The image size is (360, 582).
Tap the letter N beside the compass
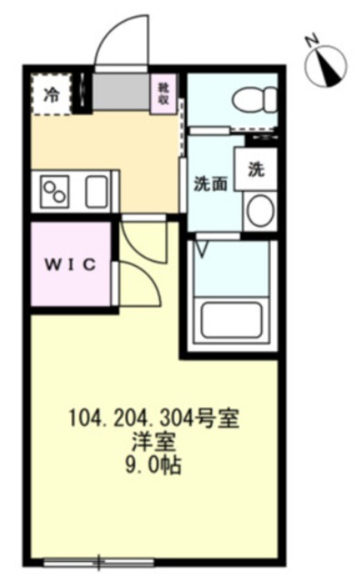[311, 40]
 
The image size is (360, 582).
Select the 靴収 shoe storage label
[165, 93]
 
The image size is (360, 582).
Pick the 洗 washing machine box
[256, 168]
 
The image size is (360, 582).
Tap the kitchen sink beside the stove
[96, 192]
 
